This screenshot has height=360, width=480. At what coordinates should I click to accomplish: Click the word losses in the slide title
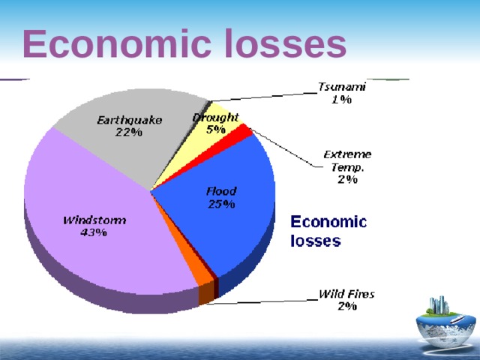pos(284,44)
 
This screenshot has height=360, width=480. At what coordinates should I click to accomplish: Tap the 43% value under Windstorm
pos(93,232)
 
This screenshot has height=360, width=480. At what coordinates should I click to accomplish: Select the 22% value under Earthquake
pos(128,133)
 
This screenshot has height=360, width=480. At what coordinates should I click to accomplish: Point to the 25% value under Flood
pos(221,203)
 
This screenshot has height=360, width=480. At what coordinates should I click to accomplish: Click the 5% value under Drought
pos(216,129)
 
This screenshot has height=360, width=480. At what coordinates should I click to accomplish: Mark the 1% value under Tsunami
pos(342,99)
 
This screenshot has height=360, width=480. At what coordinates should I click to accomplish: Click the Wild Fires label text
pos(347,293)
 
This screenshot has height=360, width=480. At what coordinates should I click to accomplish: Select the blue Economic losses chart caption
pos(328,231)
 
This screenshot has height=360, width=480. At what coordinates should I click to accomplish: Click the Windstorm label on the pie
pos(94,220)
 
